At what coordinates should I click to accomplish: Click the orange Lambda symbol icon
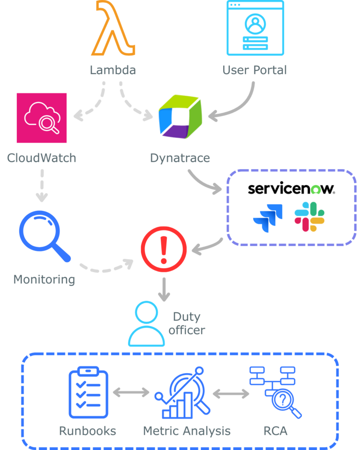(x=113, y=29)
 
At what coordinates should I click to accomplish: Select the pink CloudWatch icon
(x=42, y=118)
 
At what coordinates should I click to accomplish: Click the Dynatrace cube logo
(x=180, y=117)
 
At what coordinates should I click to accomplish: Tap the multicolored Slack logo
(x=309, y=216)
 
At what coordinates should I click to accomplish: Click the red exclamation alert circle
(x=164, y=248)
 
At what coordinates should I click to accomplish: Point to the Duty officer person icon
(x=147, y=323)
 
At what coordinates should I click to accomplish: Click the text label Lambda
(x=113, y=70)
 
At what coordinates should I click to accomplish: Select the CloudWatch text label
(x=42, y=157)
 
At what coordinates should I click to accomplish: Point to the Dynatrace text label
(x=180, y=157)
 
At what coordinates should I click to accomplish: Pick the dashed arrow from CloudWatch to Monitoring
(x=42, y=184)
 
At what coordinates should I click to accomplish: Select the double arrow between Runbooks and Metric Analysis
(x=131, y=392)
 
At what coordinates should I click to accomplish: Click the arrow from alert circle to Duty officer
(x=164, y=290)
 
